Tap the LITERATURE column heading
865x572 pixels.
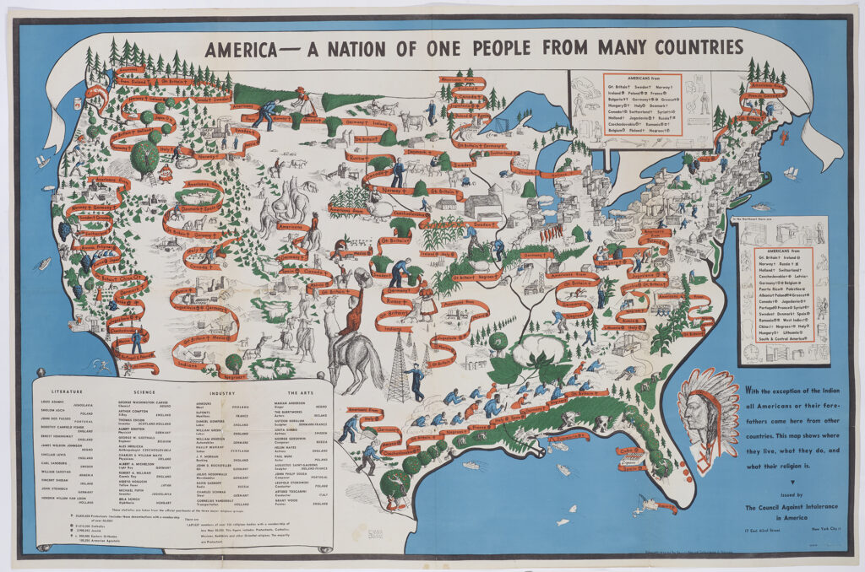click(66, 392)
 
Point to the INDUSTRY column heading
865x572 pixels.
click(222, 392)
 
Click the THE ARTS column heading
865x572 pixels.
click(299, 392)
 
